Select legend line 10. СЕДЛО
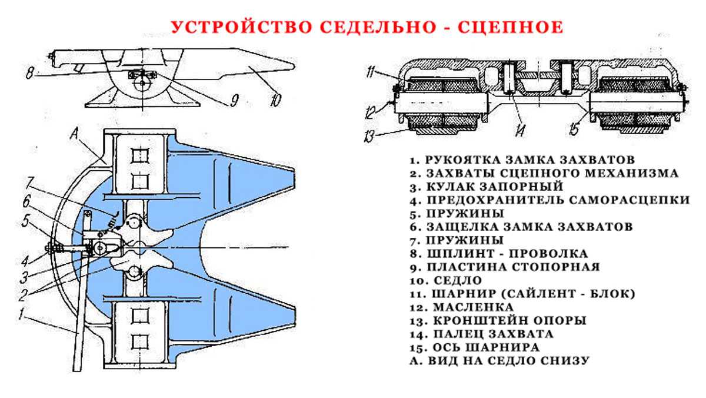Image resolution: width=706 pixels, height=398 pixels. [x=447, y=280]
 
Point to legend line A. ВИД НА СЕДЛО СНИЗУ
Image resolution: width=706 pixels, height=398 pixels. [x=499, y=360]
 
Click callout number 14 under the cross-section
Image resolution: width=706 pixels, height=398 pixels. [x=519, y=129]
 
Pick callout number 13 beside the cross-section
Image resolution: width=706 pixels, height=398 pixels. [x=369, y=137]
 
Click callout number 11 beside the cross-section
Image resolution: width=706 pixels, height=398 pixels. [x=369, y=73]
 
